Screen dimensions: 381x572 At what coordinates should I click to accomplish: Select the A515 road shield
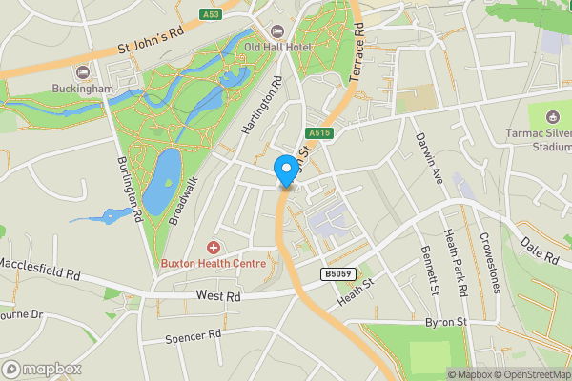318,133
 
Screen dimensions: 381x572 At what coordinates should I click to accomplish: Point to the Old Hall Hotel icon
278,30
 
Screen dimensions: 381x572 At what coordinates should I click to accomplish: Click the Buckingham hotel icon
82,71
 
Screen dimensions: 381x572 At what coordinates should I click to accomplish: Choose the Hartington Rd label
261,107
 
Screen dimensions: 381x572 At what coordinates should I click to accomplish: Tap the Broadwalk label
182,201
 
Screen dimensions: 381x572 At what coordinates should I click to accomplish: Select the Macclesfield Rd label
38,267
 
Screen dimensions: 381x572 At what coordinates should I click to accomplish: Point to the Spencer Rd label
193,335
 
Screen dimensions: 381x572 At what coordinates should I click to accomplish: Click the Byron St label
444,323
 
